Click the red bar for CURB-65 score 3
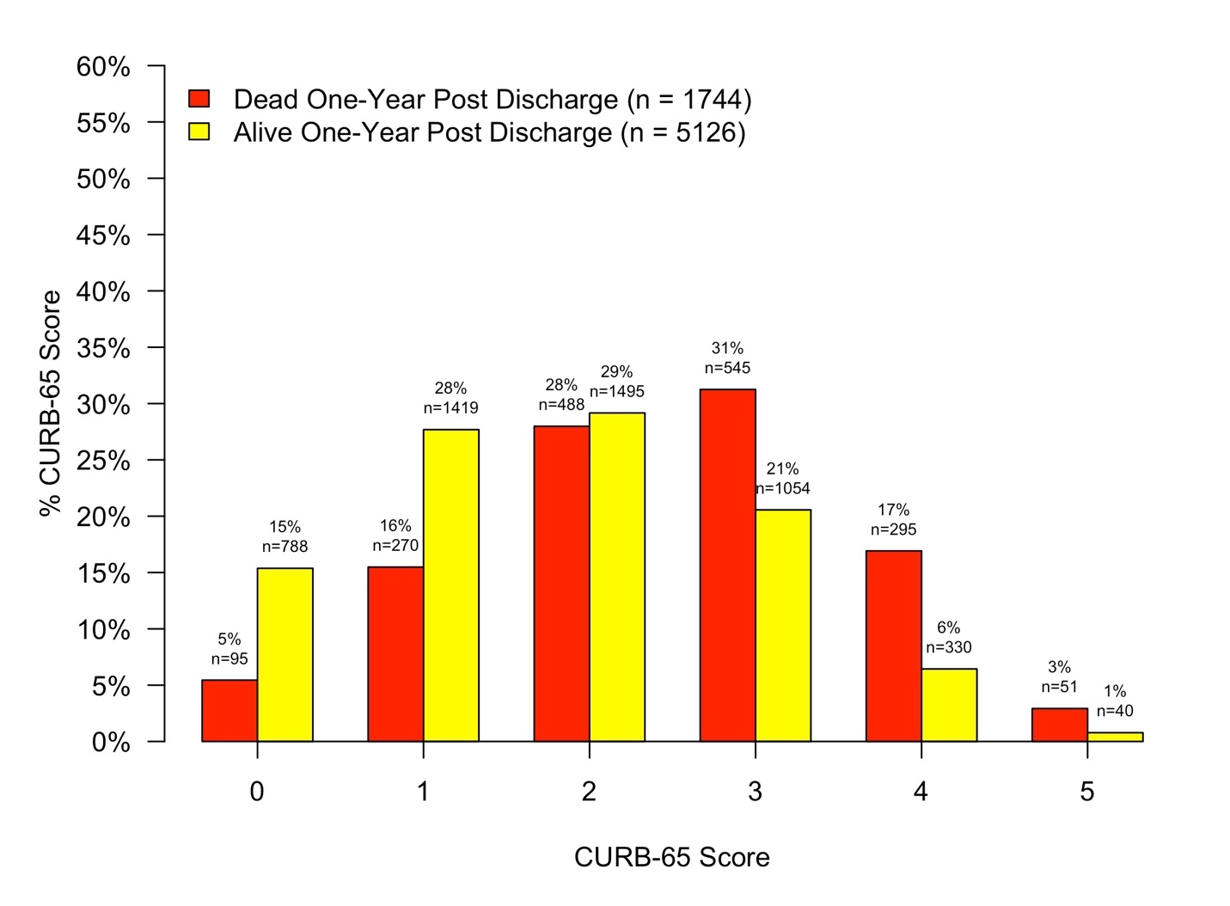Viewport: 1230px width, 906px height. point(727,566)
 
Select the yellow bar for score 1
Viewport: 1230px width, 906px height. point(450,585)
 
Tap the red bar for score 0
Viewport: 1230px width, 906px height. point(229,711)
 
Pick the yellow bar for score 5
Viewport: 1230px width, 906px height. point(1115,737)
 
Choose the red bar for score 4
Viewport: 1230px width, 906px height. point(893,646)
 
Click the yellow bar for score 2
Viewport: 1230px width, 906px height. point(616,577)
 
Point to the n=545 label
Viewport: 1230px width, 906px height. point(727,368)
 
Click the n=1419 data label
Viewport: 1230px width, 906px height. point(450,407)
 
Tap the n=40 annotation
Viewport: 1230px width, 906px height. point(1115,711)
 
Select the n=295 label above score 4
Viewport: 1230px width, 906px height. point(893,530)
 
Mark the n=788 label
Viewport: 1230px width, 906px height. point(285,546)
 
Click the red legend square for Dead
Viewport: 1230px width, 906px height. point(199,99)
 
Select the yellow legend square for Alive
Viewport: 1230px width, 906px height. point(199,132)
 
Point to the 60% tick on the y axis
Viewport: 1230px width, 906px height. point(103,66)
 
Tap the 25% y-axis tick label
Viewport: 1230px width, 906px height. point(103,461)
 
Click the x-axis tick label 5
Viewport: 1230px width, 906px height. point(1086,792)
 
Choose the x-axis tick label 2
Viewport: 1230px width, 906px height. point(589,792)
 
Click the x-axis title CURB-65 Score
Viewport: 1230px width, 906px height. point(671,857)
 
